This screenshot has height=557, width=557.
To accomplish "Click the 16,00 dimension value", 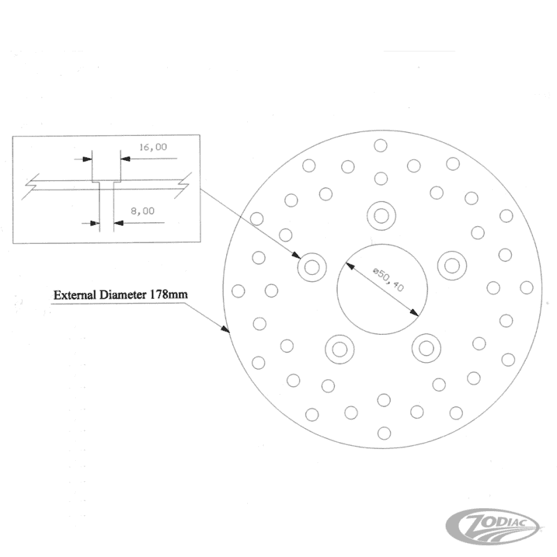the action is (152, 147).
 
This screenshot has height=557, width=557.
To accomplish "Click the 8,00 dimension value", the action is (143, 211).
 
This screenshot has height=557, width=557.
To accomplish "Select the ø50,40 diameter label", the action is (389, 280).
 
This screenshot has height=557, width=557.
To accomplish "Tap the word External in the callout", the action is (75, 295).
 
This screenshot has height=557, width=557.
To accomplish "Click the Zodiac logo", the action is (492, 528).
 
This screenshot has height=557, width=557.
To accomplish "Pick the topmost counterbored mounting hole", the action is (381, 216).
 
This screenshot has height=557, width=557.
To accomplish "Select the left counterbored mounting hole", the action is (312, 267).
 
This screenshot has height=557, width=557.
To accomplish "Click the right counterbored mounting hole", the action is (452, 266).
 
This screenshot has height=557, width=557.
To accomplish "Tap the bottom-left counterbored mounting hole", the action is (339, 350).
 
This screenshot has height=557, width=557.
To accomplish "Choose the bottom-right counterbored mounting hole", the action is (426, 348).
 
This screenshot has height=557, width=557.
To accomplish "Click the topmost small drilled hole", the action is (380, 146).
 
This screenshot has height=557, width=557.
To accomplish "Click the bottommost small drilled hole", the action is (384, 433).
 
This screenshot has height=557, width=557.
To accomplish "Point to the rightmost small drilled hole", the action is (526, 288).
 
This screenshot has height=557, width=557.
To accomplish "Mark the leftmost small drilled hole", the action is (238, 291).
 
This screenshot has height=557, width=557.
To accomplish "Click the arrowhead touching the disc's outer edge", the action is (225, 329).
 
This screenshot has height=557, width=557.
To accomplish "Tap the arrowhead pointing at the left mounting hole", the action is (296, 255).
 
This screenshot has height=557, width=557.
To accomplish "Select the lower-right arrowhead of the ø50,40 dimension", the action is (414, 312).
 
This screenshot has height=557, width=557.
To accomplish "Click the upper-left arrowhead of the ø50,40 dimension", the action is (350, 267).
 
